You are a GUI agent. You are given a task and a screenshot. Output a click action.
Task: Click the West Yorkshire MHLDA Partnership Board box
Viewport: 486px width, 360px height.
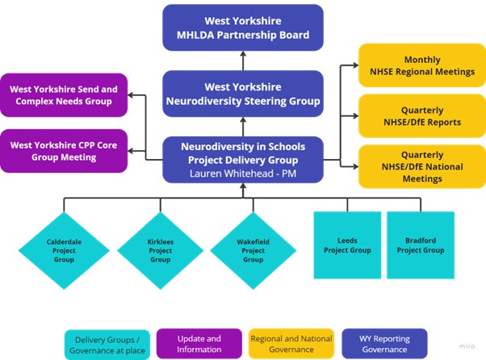point(243,27)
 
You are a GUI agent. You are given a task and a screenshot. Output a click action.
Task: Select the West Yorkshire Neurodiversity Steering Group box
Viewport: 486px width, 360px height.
point(243,94)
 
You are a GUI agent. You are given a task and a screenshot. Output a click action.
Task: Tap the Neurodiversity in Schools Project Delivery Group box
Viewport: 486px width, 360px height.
point(243,153)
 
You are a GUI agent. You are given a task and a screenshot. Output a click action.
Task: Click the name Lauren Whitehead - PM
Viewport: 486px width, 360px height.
point(243,172)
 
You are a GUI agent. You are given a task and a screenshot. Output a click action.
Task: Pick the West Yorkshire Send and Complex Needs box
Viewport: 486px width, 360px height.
point(64,94)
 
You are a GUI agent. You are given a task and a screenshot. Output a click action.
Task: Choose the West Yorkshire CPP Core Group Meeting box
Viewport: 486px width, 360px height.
point(64,150)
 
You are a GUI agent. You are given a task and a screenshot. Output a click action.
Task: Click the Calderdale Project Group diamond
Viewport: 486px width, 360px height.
point(64,249)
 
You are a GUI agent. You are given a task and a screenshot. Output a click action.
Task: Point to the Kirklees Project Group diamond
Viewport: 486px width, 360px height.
point(160,249)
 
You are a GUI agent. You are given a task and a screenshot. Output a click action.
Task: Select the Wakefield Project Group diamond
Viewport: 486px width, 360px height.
point(253,249)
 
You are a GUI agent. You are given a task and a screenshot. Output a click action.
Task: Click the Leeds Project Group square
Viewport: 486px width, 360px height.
point(347,245)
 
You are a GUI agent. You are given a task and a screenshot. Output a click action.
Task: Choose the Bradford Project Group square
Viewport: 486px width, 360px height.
point(421,245)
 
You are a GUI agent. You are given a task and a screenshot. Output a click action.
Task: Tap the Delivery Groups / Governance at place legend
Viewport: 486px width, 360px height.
point(109,343)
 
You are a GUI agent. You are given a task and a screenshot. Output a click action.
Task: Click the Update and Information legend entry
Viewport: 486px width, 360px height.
point(199,343)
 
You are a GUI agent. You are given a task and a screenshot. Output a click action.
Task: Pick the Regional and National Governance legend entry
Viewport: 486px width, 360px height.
point(291,343)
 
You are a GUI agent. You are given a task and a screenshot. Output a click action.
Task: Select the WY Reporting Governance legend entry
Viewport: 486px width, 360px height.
point(383,343)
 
